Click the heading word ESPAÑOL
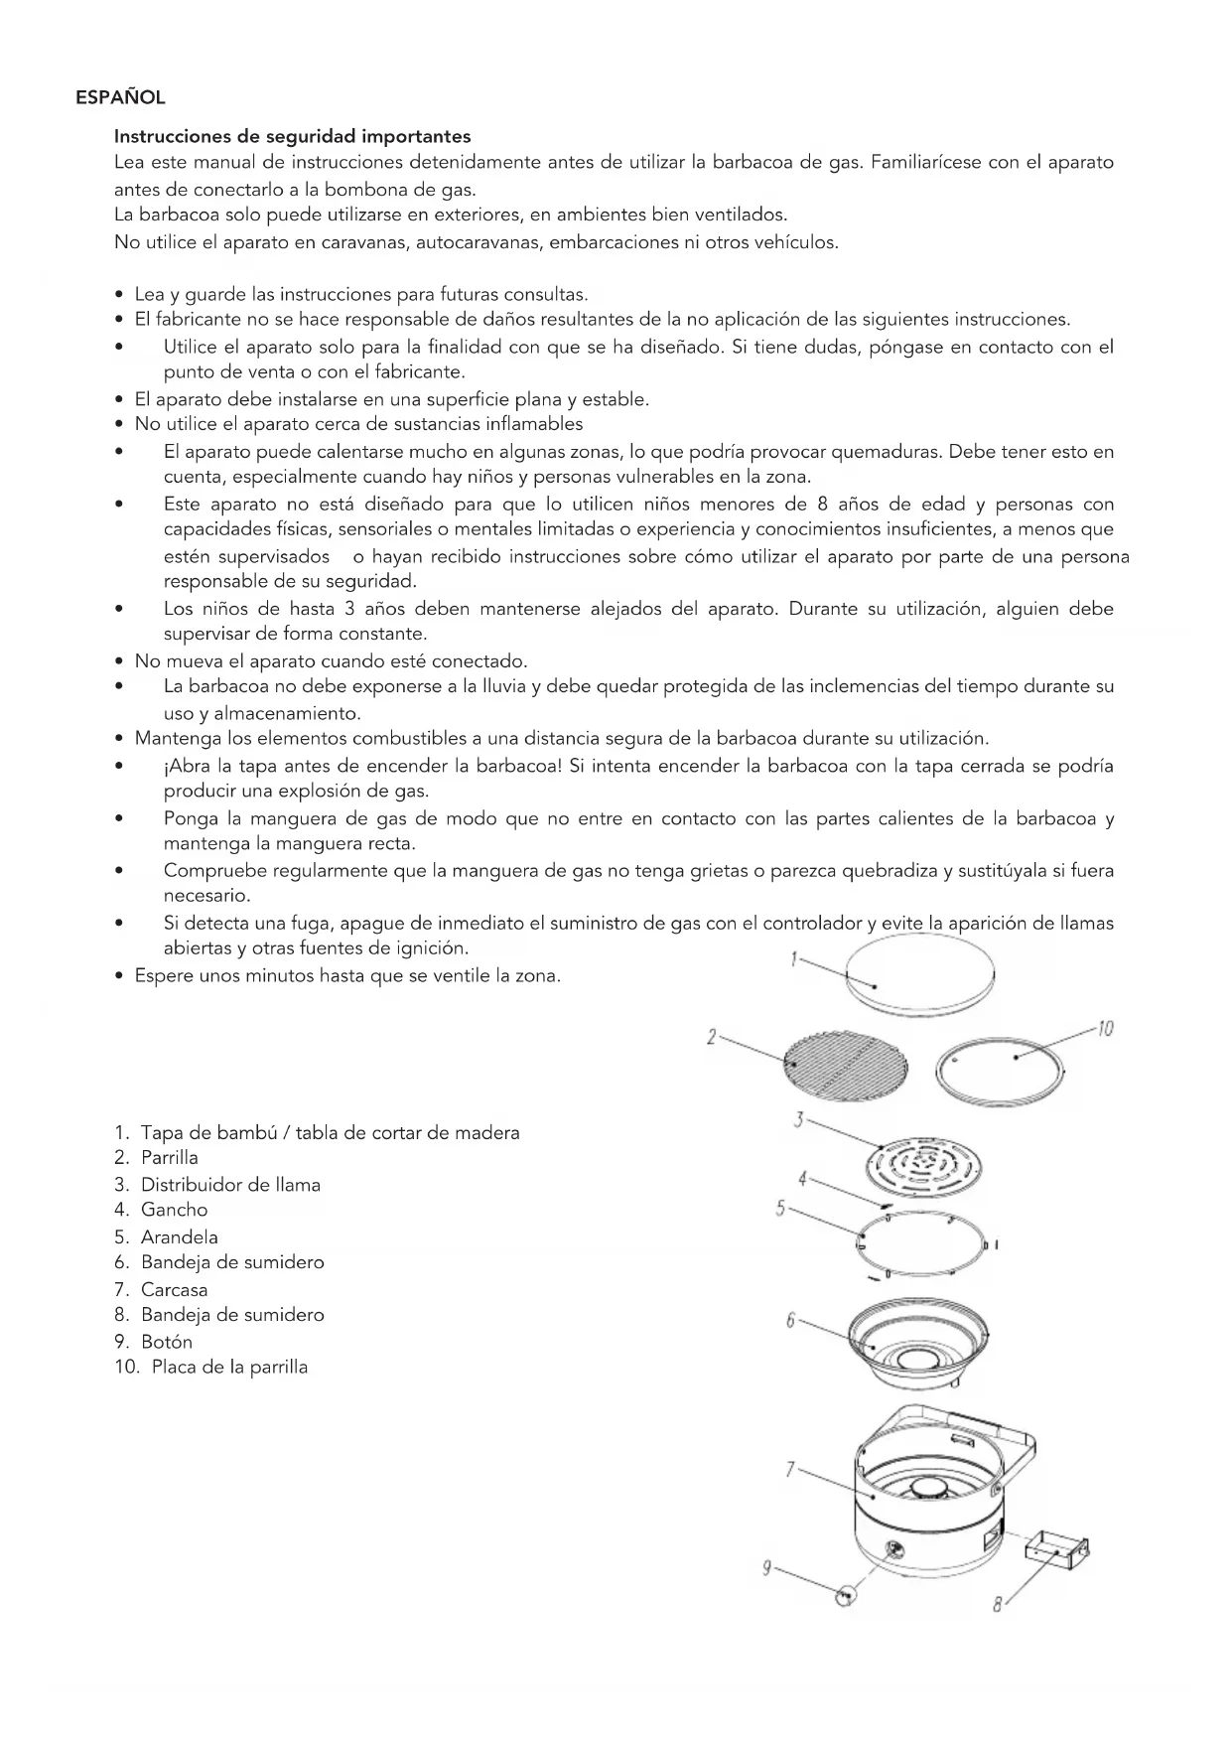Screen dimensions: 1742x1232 pyautogui.click(x=120, y=97)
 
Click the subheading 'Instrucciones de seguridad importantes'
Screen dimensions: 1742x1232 pyautogui.click(x=292, y=136)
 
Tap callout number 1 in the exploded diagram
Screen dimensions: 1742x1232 pyautogui.click(x=794, y=958)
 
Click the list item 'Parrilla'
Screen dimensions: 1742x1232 pyautogui.click(x=169, y=1157)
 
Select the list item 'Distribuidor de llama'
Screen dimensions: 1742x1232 pyautogui.click(x=230, y=1184)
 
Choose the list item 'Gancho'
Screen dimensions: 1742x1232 pyautogui.click(x=174, y=1210)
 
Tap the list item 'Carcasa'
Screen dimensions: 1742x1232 pyautogui.click(x=174, y=1289)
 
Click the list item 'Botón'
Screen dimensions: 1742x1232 pyautogui.click(x=166, y=1341)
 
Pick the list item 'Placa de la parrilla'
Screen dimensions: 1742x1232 pyautogui.click(x=228, y=1367)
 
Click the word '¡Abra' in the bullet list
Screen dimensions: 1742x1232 pyautogui.click(x=186, y=766)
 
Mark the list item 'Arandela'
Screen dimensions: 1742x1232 pyautogui.click(x=179, y=1236)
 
